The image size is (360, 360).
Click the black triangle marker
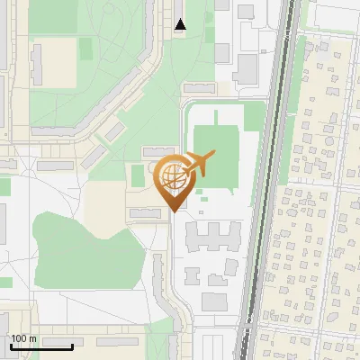click(181, 24)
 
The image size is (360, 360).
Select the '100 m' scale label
click(23, 338)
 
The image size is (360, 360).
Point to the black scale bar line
click(40, 346)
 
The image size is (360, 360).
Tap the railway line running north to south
click(267, 180)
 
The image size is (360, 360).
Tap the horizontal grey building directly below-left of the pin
click(145, 212)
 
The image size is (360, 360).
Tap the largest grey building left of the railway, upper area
click(246, 67)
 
